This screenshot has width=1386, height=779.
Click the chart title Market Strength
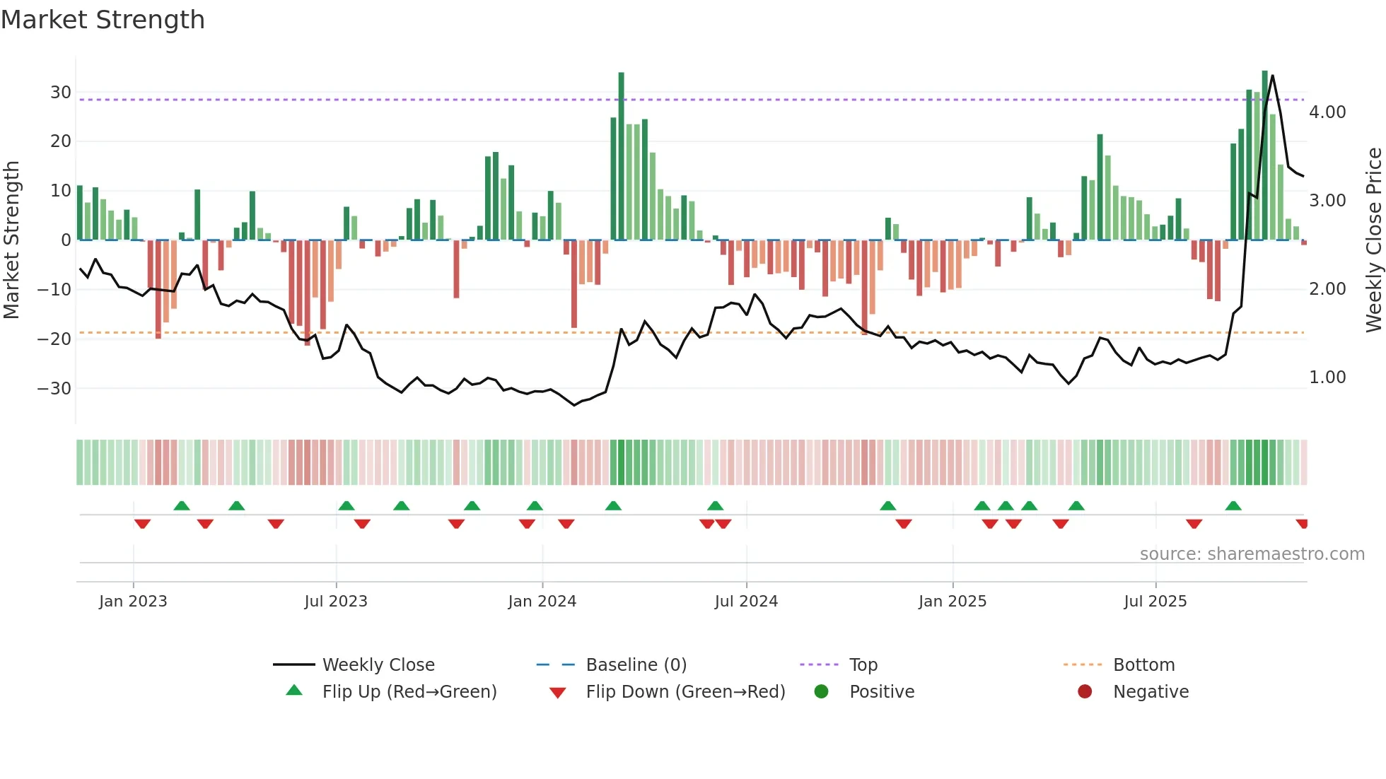point(103,20)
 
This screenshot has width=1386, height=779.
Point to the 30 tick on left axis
point(61,93)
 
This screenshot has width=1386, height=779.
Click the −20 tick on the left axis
point(54,339)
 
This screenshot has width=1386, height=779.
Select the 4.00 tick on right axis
point(1327,112)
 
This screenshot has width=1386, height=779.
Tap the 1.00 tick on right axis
point(1327,377)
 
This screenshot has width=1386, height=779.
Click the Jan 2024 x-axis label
point(542,602)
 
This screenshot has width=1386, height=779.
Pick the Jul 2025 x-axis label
point(1155,602)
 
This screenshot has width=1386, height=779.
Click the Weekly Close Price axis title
point(1373,240)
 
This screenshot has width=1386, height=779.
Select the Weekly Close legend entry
point(378,665)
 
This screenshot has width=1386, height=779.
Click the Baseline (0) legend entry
point(636,665)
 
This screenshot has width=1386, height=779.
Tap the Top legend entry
point(863,665)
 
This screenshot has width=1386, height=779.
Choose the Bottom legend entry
point(1143,665)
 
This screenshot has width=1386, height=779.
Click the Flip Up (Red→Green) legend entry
point(409,692)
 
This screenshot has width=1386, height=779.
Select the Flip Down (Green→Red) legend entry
point(685,692)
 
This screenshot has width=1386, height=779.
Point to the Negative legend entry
point(1151,692)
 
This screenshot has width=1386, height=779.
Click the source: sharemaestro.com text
point(1252,554)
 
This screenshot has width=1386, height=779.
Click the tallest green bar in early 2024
point(621,156)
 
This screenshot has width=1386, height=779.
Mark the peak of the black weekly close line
point(1272,76)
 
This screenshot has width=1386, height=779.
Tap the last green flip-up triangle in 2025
point(1233,506)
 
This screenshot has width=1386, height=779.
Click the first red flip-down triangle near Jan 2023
point(142,524)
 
